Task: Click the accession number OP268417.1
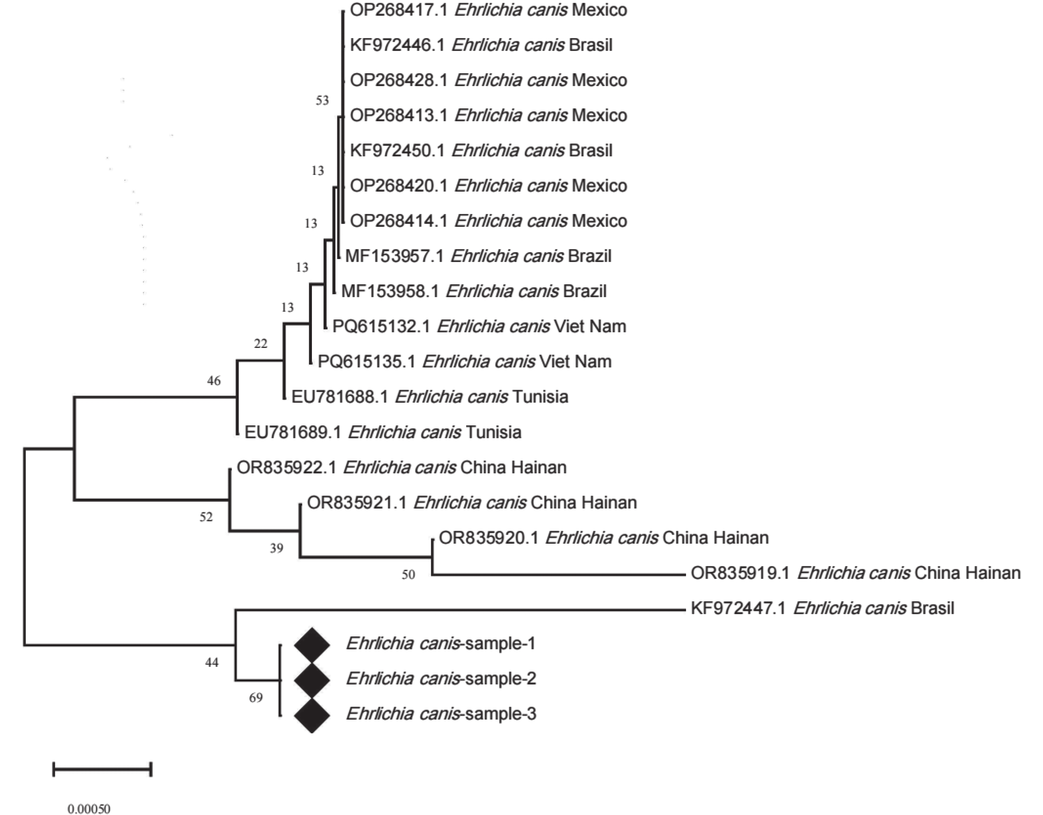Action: [x=399, y=10]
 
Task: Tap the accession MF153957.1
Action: [x=394, y=256]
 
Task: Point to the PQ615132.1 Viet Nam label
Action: [x=479, y=327]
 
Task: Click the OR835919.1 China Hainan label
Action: [x=855, y=573]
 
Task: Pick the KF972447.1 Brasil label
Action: [x=822, y=608]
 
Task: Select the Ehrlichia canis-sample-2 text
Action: [x=441, y=679]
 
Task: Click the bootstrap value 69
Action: [x=256, y=698]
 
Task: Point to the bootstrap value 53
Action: [x=323, y=100]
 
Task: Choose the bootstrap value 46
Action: [x=214, y=381]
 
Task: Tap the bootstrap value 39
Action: [x=276, y=548]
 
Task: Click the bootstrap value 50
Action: [x=408, y=575]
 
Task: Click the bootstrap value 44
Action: [x=212, y=662]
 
